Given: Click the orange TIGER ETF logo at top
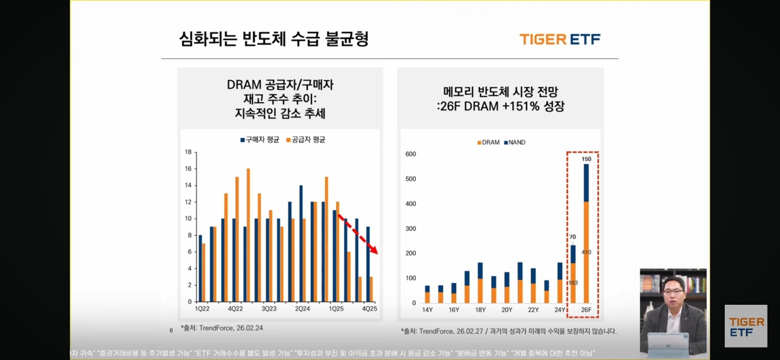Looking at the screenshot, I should click(560, 39).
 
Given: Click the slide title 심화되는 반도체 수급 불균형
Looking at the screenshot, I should click(274, 39).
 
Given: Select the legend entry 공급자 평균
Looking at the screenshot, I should click(305, 140).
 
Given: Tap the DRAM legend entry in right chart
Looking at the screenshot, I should click(487, 142).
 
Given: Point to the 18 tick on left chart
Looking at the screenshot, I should click(188, 152).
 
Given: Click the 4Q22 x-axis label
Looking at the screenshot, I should click(236, 309).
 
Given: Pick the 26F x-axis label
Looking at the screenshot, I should click(586, 310).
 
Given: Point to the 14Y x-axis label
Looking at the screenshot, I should click(427, 310).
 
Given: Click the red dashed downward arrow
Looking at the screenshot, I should click(357, 234).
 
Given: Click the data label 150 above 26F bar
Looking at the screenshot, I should click(587, 159).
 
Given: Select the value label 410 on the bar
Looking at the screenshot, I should click(587, 252).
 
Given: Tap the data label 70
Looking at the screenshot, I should click(573, 237).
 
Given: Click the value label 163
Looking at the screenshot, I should click(573, 283).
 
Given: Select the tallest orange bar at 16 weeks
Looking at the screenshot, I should click(248, 235).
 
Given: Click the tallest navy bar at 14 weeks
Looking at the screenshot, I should click(301, 244).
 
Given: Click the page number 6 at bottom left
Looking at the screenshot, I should click(171, 330).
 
